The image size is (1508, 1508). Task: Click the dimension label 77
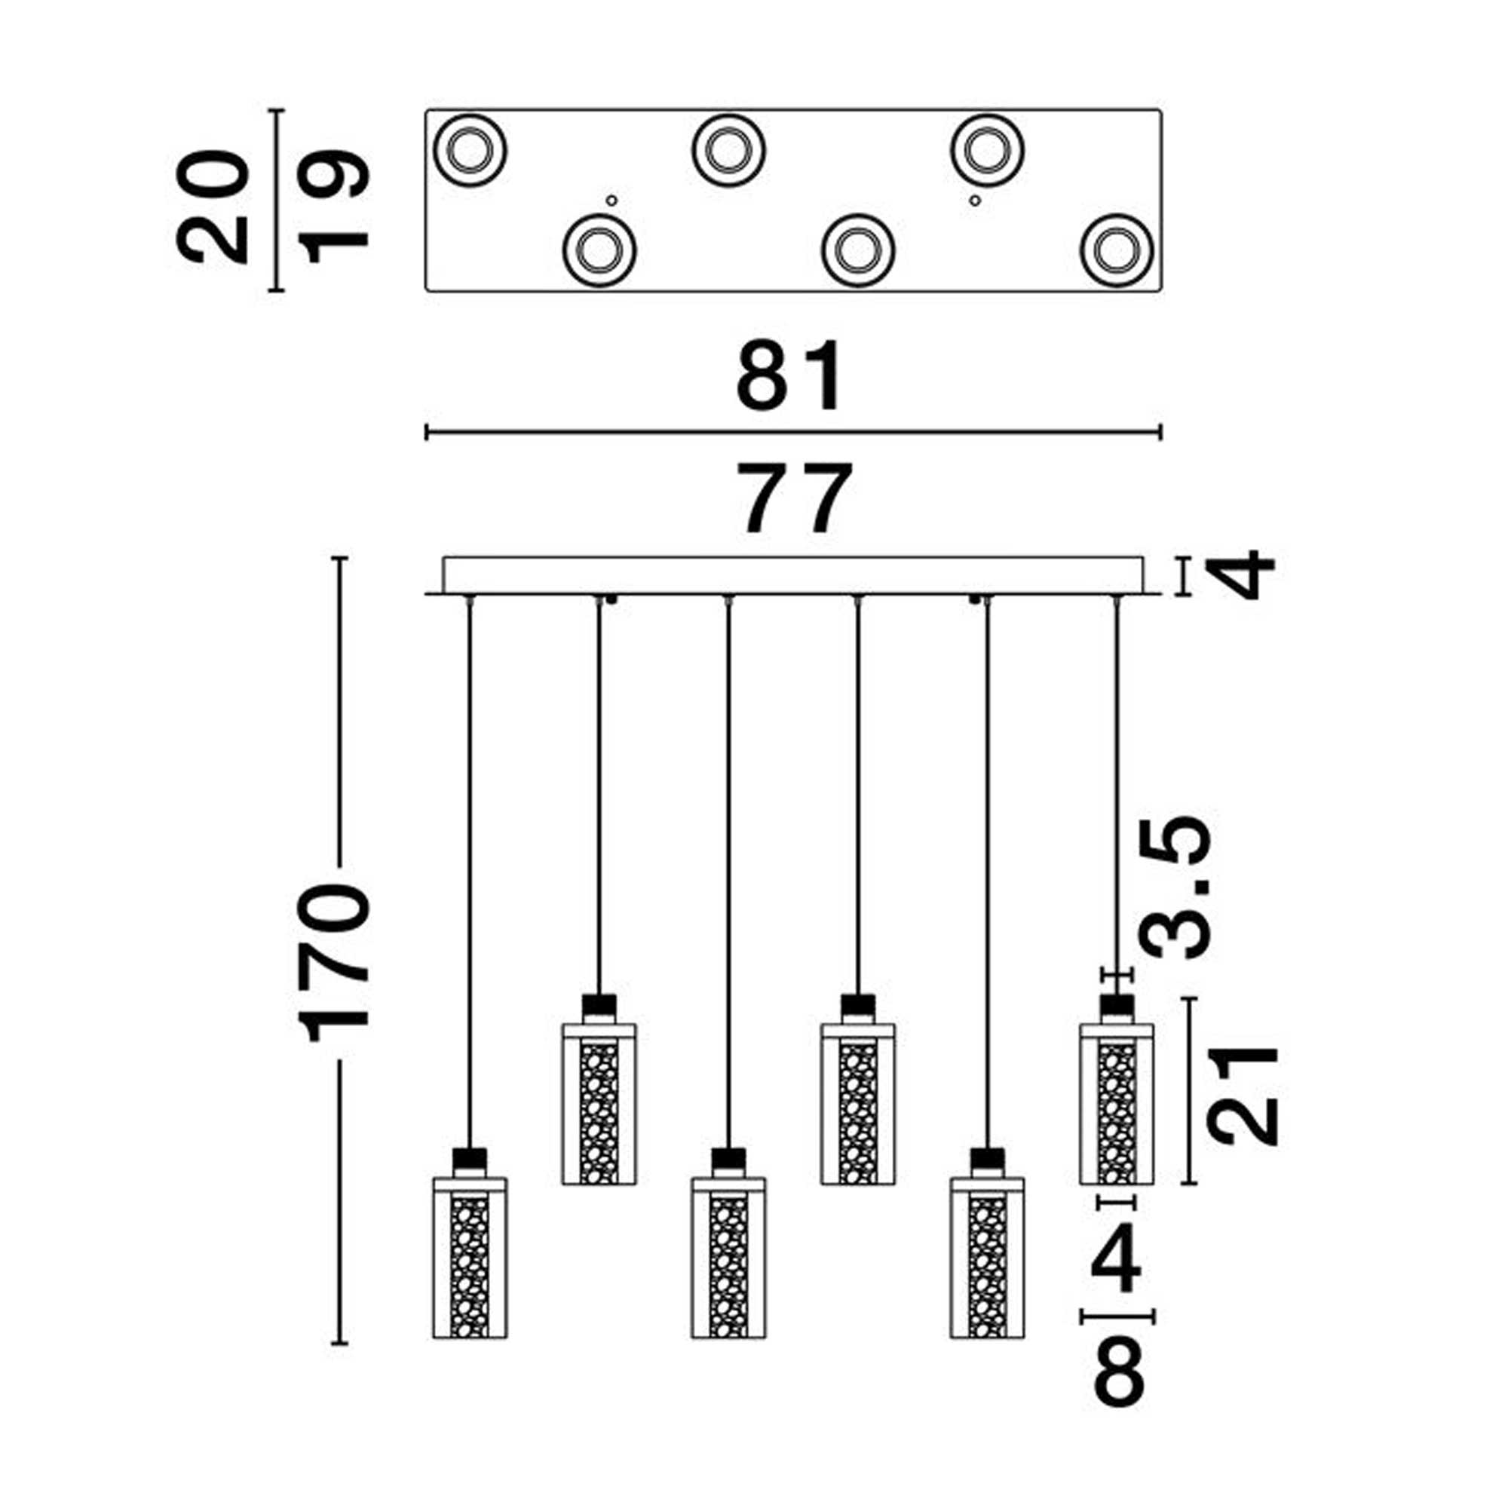(795, 497)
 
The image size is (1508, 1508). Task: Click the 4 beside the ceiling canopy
(1246, 575)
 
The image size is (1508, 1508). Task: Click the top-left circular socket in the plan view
(470, 150)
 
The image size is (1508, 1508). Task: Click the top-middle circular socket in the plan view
(728, 150)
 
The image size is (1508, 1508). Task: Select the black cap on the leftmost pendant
(470, 1157)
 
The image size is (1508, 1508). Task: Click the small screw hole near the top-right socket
(974, 201)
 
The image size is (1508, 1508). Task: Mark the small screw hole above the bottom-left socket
(612, 200)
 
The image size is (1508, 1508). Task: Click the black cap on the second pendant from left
(599, 1004)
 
